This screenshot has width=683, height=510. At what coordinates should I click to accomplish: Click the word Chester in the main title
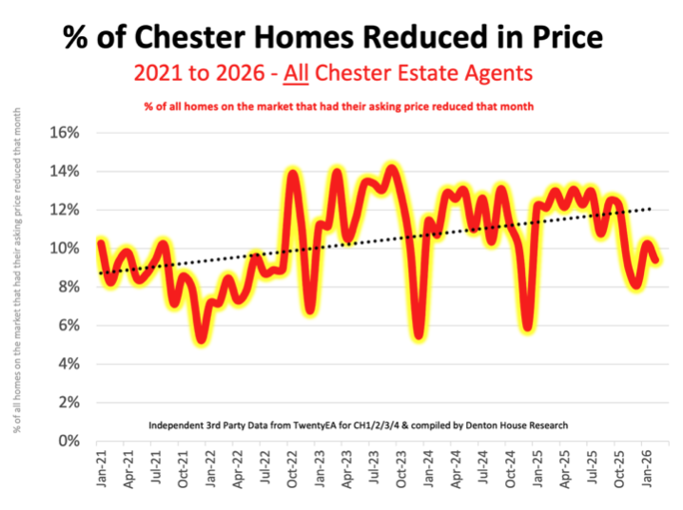pyautogui.click(x=186, y=37)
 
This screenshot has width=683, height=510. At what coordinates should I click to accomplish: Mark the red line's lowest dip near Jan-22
pyautogui.click(x=200, y=339)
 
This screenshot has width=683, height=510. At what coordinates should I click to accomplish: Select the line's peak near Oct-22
pyautogui.click(x=294, y=173)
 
